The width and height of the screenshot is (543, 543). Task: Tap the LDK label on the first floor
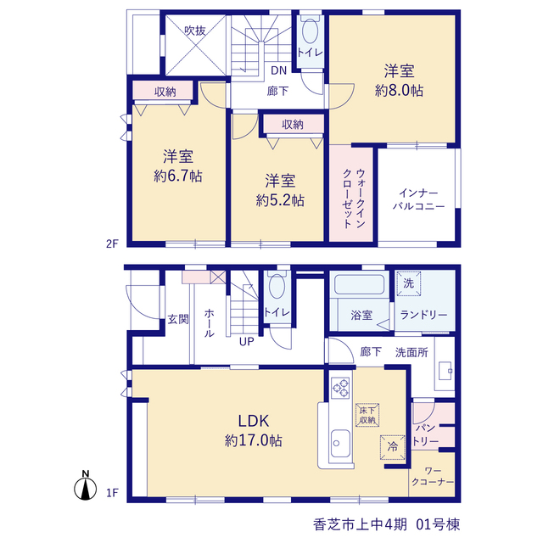(254, 421)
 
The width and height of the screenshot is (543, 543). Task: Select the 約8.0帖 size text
(399, 91)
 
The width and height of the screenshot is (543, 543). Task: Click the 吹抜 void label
(195, 31)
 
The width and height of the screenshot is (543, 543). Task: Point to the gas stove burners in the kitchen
(340, 388)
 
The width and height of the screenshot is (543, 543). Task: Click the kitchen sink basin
(340, 443)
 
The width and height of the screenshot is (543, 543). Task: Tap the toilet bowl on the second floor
(310, 31)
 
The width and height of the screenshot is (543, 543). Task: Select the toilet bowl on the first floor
(277, 286)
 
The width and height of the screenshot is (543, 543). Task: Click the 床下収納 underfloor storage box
(367, 415)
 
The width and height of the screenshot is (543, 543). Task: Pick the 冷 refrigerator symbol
(392, 447)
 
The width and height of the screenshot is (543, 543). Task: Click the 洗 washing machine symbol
(409, 283)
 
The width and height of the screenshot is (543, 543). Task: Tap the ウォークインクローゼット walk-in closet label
(353, 198)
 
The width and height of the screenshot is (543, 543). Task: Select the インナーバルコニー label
(418, 199)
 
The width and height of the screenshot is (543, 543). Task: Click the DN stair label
(279, 70)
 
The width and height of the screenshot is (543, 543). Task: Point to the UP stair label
(247, 342)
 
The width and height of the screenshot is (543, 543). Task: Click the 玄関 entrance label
(178, 319)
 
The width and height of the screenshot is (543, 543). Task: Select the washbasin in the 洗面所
(445, 371)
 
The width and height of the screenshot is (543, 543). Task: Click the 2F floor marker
(112, 244)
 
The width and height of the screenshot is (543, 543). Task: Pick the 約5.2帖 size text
(280, 200)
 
